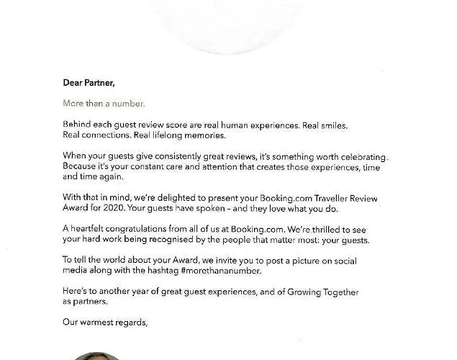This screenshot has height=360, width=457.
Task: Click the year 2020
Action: tap(136, 207)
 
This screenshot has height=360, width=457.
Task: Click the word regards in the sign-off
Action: tap(134, 323)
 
